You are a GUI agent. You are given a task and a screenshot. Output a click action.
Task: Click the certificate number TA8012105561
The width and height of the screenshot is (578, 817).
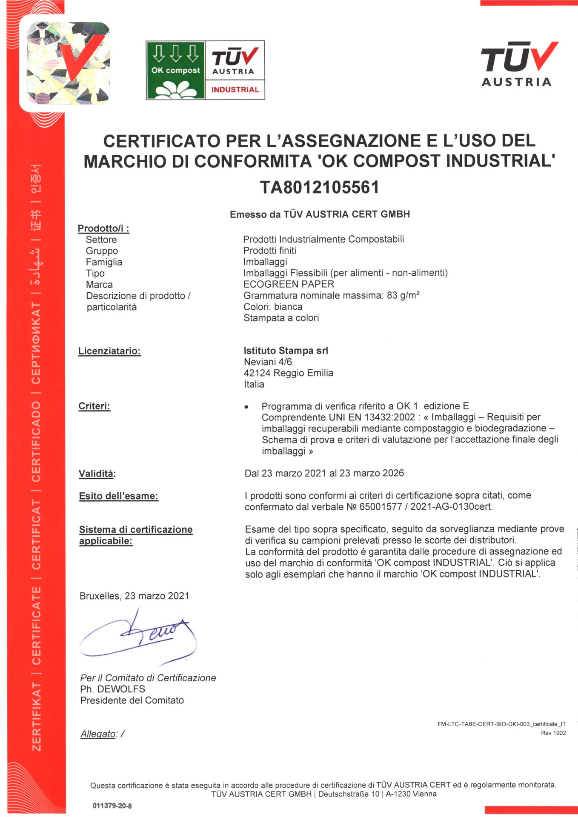(x=319, y=187)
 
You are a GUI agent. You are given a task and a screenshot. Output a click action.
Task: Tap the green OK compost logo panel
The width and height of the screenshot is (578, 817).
(x=175, y=70)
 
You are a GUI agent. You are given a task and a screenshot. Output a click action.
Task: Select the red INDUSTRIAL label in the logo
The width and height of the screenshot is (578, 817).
(x=235, y=90)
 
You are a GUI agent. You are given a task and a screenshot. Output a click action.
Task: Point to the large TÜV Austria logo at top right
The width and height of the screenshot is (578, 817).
(x=519, y=64)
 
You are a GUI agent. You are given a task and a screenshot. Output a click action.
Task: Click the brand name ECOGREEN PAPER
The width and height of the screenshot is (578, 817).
(x=289, y=284)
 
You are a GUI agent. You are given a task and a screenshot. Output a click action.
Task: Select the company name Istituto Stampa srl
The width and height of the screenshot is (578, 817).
(x=286, y=351)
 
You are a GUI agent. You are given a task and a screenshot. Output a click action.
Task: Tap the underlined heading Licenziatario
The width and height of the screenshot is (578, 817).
(x=109, y=351)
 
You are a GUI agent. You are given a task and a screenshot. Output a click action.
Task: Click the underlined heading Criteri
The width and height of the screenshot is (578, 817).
(x=94, y=406)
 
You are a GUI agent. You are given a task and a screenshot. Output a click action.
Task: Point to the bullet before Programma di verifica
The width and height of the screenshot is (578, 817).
(x=246, y=407)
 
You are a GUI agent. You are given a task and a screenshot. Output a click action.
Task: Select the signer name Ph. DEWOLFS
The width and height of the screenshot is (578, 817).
(x=113, y=689)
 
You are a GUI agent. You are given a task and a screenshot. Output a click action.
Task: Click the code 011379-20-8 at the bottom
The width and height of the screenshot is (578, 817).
(x=112, y=806)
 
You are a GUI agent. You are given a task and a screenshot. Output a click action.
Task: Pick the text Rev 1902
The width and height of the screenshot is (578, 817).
(x=553, y=733)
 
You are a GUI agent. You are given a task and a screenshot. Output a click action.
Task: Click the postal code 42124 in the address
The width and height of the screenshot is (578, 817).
(x=257, y=373)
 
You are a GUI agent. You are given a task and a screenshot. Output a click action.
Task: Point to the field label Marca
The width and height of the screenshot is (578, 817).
(x=99, y=285)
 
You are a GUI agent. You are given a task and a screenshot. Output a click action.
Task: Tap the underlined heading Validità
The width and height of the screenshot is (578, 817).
(x=97, y=474)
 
